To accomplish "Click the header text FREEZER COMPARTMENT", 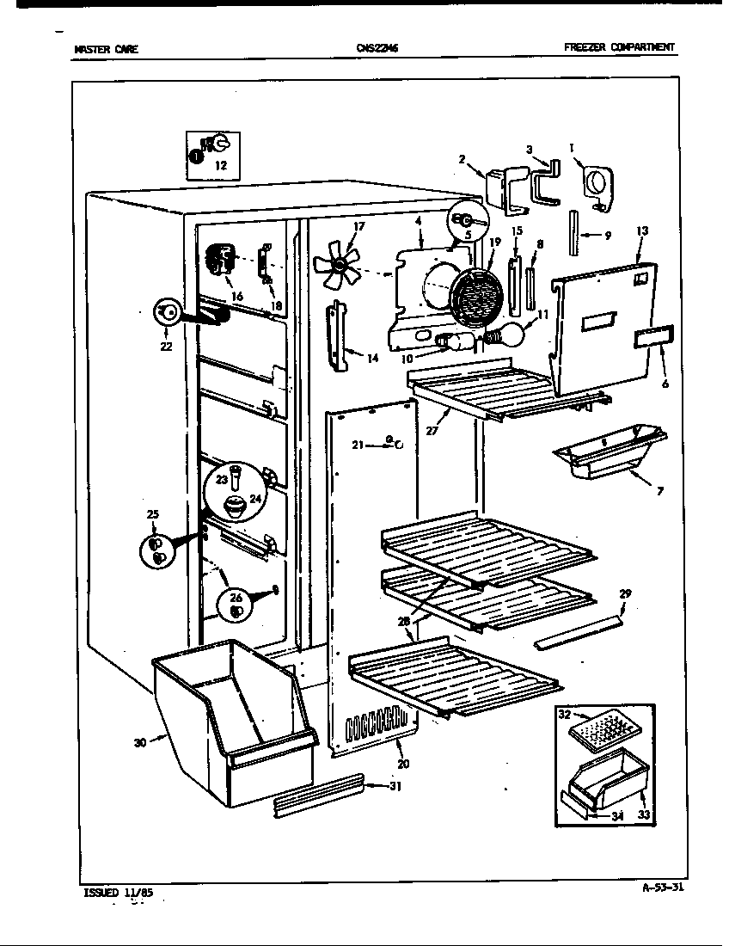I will [619, 48].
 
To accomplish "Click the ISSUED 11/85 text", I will [119, 893].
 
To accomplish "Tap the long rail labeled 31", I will [318, 793].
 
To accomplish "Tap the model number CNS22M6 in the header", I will [377, 49].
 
